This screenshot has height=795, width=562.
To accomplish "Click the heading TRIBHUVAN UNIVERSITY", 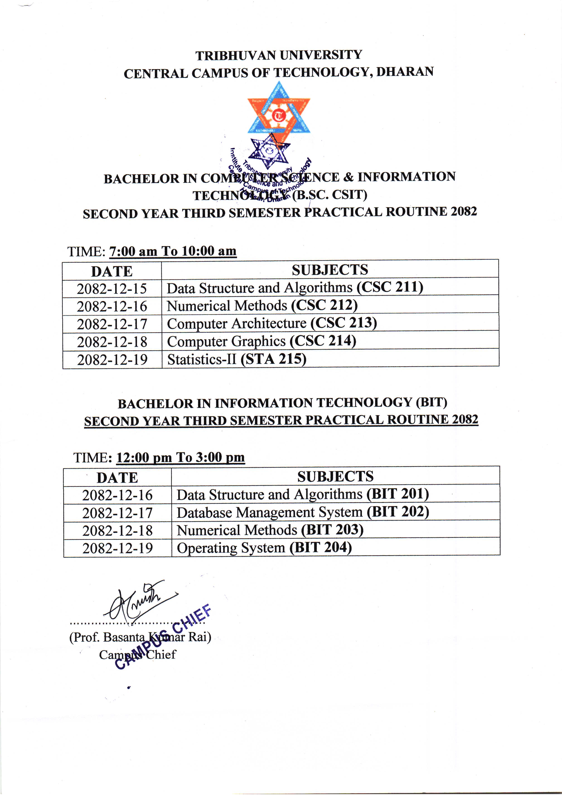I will coord(279,55).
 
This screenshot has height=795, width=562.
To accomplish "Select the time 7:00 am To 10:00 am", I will coord(173,251).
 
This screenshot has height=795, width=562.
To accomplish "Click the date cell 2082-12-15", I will coord(112,288).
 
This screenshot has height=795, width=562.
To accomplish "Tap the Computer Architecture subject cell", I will coord(272,323).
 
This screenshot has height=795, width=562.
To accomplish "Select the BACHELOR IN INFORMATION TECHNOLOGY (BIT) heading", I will coord(282,403).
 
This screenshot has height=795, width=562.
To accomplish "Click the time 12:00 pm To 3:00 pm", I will coord(180,457).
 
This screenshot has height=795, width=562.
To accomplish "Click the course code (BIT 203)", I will coord(332,530).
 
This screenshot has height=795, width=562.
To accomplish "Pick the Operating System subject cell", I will coord(264,548).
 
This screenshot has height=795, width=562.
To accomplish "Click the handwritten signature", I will coord(138,603).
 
